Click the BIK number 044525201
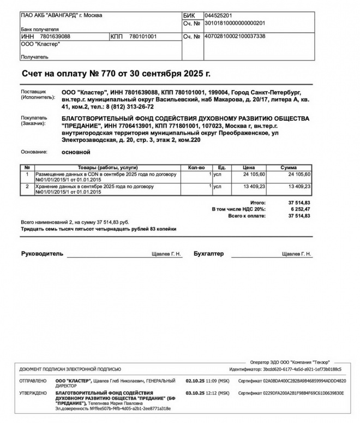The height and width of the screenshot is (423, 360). point(218,15)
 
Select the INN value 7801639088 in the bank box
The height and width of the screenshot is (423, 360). point(55,36)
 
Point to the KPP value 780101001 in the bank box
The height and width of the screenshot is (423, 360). point(143,36)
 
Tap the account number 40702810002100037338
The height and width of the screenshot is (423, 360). point(234,36)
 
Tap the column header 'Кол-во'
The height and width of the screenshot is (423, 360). point(196,167)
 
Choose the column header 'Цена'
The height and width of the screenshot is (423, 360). point(249,167)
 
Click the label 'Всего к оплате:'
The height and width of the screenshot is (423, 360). point(247,216)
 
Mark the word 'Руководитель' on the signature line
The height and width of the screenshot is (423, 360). point(42,254)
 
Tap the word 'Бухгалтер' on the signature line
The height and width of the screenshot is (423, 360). point(208,254)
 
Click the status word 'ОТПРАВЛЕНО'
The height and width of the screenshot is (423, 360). point(33,381)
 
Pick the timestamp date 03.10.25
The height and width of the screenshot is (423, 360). point(195,393)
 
